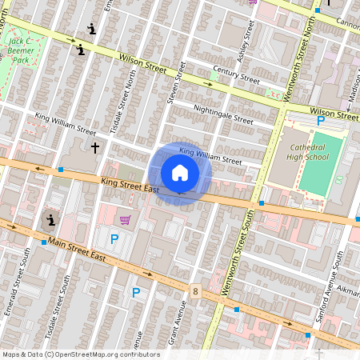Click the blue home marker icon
pos(179,173)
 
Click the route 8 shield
pos(195,291)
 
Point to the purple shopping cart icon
pos(125,219)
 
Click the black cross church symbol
pos(95,147)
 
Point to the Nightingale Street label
pos(223,118)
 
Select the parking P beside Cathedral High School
pos(321,121)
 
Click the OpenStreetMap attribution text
pos(81,354)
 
